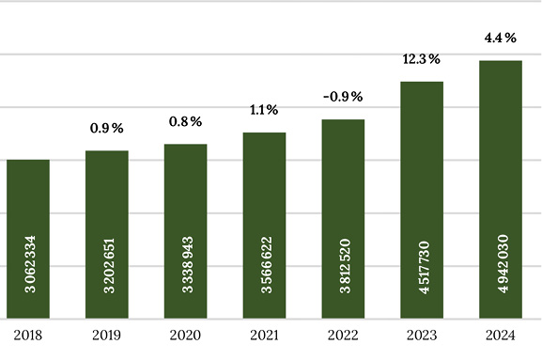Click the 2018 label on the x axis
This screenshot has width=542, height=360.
click(x=28, y=336)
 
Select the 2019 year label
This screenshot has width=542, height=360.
click(x=107, y=336)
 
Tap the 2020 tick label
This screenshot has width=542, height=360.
click(x=186, y=336)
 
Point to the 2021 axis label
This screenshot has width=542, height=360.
click(x=265, y=336)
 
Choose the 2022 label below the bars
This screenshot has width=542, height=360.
click(x=343, y=336)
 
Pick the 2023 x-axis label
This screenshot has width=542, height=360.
click(x=422, y=336)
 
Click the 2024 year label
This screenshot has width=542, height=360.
click(x=501, y=336)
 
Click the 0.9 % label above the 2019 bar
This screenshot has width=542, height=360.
click(x=106, y=129)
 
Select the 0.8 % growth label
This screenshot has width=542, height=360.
click(x=185, y=122)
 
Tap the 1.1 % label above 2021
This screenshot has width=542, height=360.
click(x=264, y=111)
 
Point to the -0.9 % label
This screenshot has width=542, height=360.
click(x=343, y=98)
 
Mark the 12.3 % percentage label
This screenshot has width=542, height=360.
click(x=422, y=60)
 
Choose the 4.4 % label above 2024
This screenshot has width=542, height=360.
click(x=501, y=39)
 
